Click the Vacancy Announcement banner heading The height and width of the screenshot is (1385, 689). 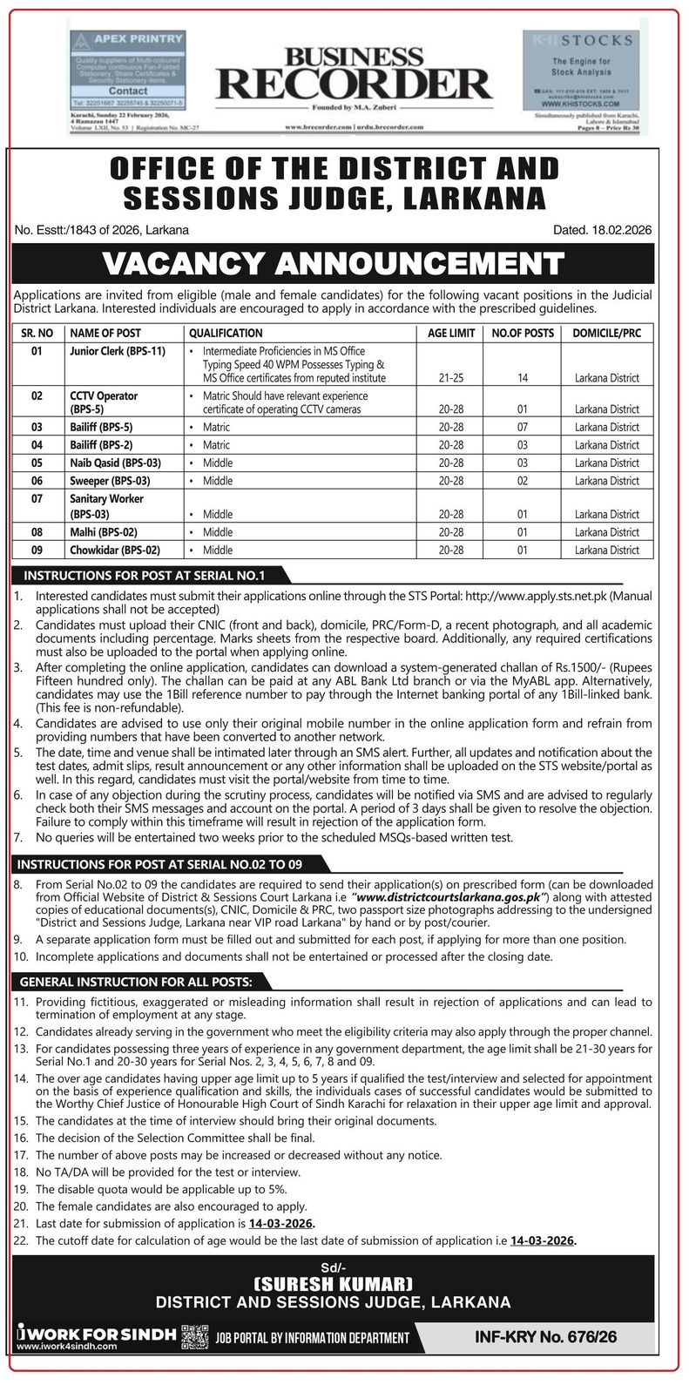tap(334, 264)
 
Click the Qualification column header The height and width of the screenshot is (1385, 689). tap(226, 333)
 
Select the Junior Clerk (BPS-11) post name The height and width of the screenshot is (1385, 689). tap(118, 351)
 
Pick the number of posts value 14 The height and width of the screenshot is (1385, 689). tap(522, 378)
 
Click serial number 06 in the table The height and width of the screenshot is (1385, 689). tap(37, 481)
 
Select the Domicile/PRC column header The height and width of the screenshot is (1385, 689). tap(606, 333)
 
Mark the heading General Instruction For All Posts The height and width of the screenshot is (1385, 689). tap(136, 982)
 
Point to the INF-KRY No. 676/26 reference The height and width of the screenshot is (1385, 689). tap(546, 1336)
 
